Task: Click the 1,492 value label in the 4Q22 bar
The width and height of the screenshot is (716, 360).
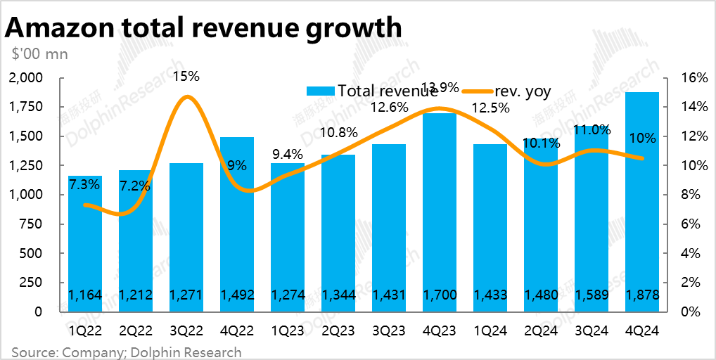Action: [x=237, y=295]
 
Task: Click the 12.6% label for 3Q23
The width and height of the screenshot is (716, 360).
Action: [x=389, y=108]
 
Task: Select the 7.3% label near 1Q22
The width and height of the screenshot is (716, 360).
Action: [x=84, y=184]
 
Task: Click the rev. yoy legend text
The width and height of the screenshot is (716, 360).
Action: [x=523, y=91]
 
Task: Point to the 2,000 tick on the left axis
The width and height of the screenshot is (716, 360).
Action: [x=26, y=77]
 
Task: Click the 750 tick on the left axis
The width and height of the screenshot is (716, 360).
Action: [x=32, y=224]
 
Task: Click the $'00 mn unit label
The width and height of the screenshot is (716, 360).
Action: [x=39, y=54]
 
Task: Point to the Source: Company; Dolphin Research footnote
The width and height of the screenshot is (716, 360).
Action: [x=126, y=352]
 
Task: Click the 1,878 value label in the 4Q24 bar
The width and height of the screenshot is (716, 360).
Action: [x=642, y=295]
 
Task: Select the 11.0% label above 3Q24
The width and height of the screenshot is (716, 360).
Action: [x=592, y=130]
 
